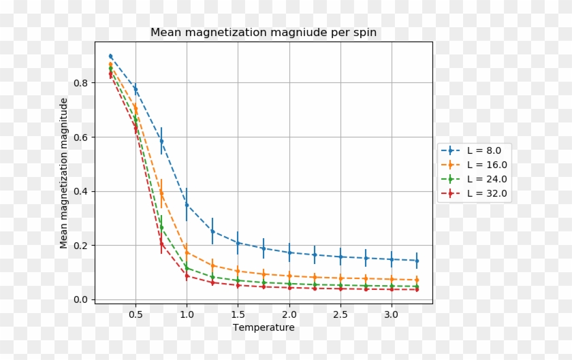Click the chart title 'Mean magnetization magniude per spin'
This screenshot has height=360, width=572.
tap(263, 33)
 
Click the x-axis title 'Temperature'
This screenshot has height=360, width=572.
tap(264, 327)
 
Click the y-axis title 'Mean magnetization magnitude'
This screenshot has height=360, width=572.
tap(64, 173)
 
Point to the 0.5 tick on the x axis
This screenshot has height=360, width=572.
tap(136, 315)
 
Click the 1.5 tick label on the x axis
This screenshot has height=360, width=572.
tap(238, 315)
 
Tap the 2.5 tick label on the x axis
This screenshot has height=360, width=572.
tap(340, 315)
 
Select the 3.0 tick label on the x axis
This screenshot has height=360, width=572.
tap(391, 315)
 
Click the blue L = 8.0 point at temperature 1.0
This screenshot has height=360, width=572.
tap(187, 205)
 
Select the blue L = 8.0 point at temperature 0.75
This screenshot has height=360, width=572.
tap(161, 142)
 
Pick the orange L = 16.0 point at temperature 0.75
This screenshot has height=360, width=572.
tap(161, 194)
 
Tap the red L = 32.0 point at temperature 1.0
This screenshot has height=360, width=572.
tap(187, 276)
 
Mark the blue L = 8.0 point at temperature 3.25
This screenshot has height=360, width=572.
tap(417, 261)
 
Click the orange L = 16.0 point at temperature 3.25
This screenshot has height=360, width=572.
tap(417, 280)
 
